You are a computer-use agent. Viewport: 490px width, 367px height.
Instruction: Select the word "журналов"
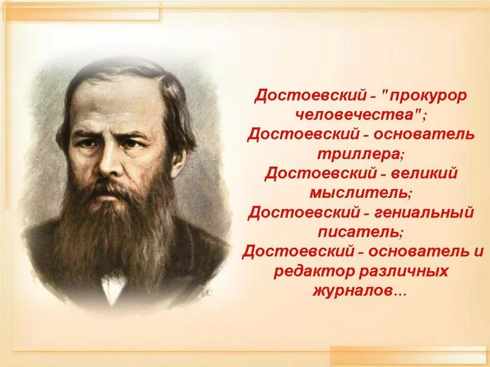352,290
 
